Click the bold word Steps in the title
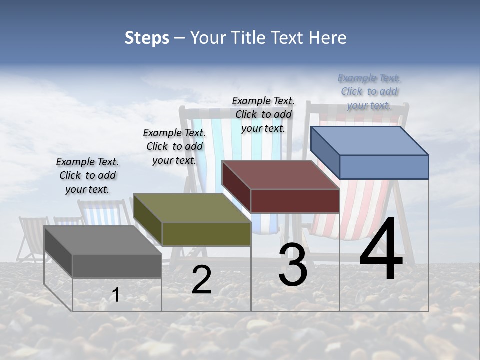click(147, 38)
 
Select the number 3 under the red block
click(292, 265)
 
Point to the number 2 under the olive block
click(201, 280)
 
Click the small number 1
click(116, 295)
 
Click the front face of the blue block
click(384, 167)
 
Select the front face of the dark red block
click(295, 201)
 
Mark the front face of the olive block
click(206, 234)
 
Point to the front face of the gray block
click(117, 266)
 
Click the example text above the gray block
click(87, 175)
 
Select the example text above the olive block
click(174, 146)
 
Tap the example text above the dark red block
click(263, 114)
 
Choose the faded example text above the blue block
click(369, 91)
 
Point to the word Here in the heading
click(328, 38)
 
